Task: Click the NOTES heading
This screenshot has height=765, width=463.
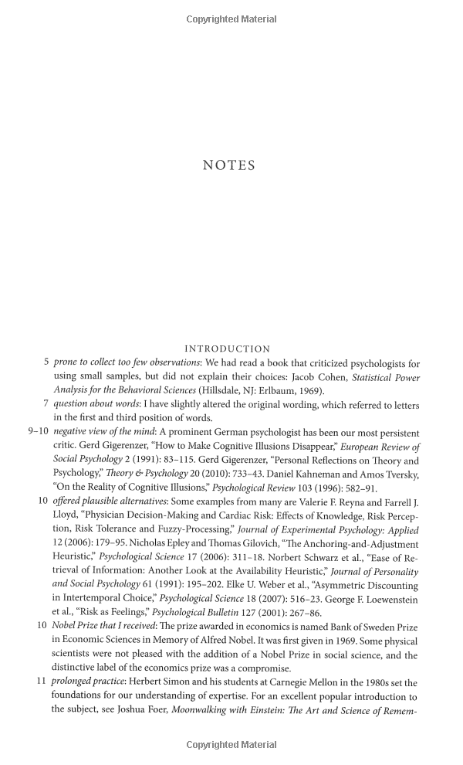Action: tap(228, 165)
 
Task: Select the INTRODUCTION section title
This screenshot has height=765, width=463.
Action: tap(228, 349)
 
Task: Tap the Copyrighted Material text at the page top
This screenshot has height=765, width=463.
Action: tap(231, 19)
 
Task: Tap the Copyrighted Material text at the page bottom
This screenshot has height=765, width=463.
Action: tap(231, 745)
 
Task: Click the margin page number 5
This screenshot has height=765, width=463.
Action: tap(46, 362)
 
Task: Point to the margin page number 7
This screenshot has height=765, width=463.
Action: tap(46, 405)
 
